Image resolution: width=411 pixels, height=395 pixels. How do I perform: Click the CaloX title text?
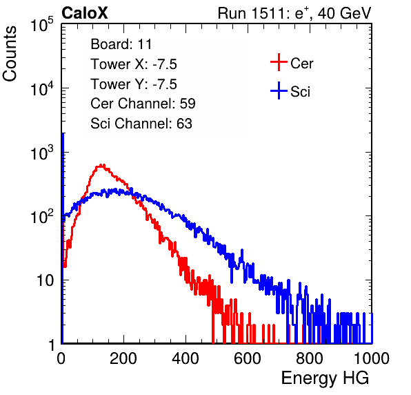(x=84, y=13)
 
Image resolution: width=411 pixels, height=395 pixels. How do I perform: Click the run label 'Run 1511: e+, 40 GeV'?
(x=294, y=13)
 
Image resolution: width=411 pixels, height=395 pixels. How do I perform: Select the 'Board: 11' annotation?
(x=121, y=44)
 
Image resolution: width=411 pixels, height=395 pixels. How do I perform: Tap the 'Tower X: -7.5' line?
(x=134, y=64)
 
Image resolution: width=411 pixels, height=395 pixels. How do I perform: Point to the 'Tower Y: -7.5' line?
(x=134, y=84)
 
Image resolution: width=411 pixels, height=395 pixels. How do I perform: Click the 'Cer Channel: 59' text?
(x=143, y=104)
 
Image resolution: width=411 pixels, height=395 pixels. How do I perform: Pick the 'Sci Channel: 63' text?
(x=141, y=124)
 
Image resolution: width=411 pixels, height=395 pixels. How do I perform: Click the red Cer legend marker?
(x=279, y=62)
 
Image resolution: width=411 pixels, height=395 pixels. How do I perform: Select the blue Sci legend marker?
(x=279, y=90)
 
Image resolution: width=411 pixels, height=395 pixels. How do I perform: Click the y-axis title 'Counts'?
(x=10, y=53)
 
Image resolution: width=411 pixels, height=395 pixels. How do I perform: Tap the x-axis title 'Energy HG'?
(x=325, y=378)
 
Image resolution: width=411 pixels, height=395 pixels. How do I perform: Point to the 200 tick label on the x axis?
(x=123, y=358)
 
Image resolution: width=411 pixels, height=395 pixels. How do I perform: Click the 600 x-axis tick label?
(x=248, y=358)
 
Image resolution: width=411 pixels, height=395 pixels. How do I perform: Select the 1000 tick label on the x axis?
(x=372, y=358)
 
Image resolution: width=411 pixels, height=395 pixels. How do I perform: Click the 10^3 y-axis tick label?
(x=42, y=153)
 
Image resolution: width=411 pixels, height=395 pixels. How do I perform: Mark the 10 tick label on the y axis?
(x=45, y=280)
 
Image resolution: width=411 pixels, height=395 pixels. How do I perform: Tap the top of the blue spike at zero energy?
(x=63, y=133)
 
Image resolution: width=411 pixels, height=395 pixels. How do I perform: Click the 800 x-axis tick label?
(x=310, y=358)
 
